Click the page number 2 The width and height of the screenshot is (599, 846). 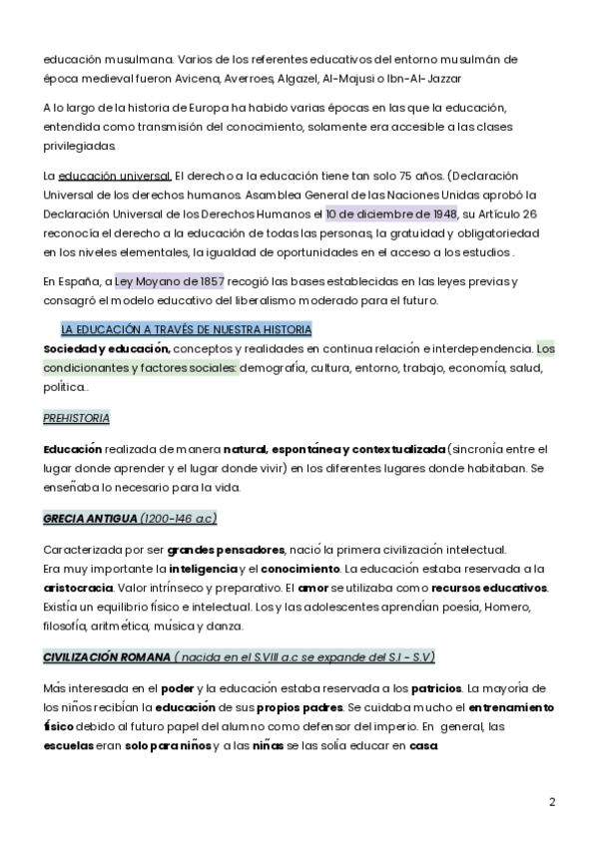point(552,801)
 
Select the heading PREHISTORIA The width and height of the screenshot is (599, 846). point(77,418)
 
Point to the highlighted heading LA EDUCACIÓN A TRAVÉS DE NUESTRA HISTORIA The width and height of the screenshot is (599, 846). point(187,329)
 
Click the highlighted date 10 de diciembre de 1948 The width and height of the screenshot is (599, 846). point(391,212)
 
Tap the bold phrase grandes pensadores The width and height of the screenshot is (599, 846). point(226,550)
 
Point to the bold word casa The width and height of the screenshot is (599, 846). point(423,745)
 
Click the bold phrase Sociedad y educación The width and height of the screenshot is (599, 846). point(107,348)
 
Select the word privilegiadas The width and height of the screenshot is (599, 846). point(80,146)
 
